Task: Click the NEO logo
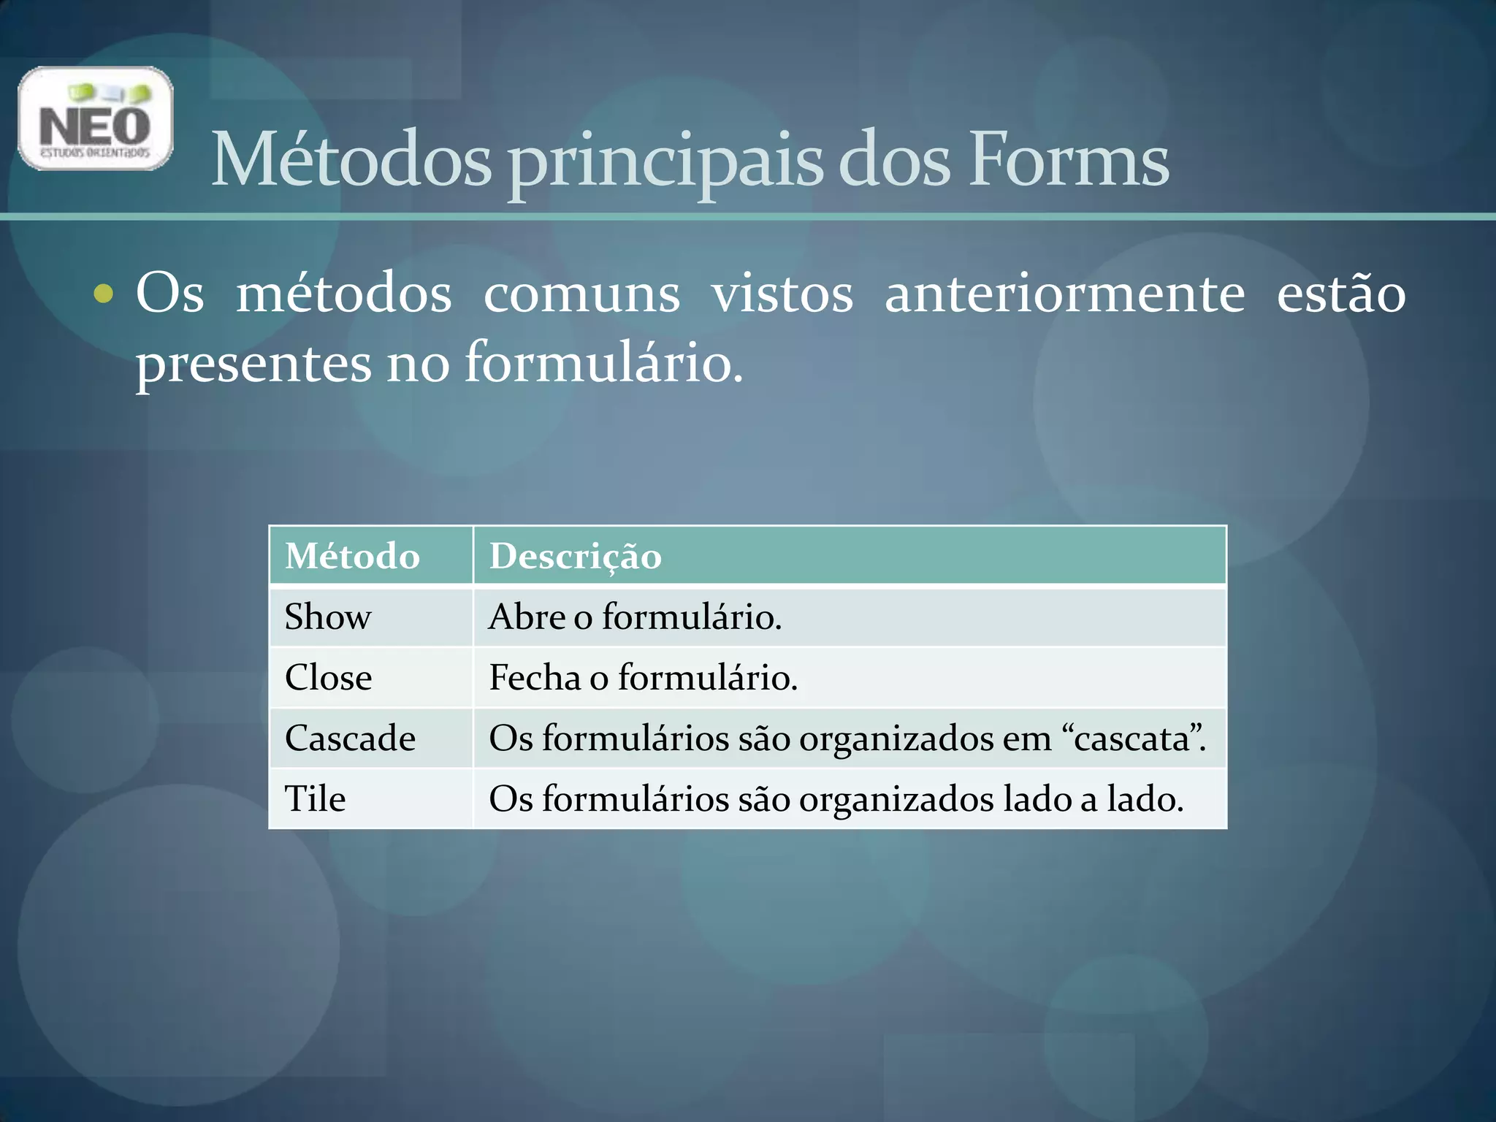(x=96, y=119)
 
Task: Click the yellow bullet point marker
(x=104, y=294)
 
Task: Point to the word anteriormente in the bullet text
(x=1064, y=294)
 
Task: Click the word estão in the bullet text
(x=1340, y=294)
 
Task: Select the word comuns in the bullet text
(x=581, y=294)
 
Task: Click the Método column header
(x=353, y=556)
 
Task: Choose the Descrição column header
(x=576, y=557)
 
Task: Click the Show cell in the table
(x=328, y=617)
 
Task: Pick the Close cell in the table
(x=329, y=678)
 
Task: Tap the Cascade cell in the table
(x=351, y=739)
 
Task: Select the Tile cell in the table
(x=315, y=799)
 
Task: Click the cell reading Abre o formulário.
(x=635, y=617)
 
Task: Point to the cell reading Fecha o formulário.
(x=643, y=678)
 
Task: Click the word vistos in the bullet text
(x=782, y=294)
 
